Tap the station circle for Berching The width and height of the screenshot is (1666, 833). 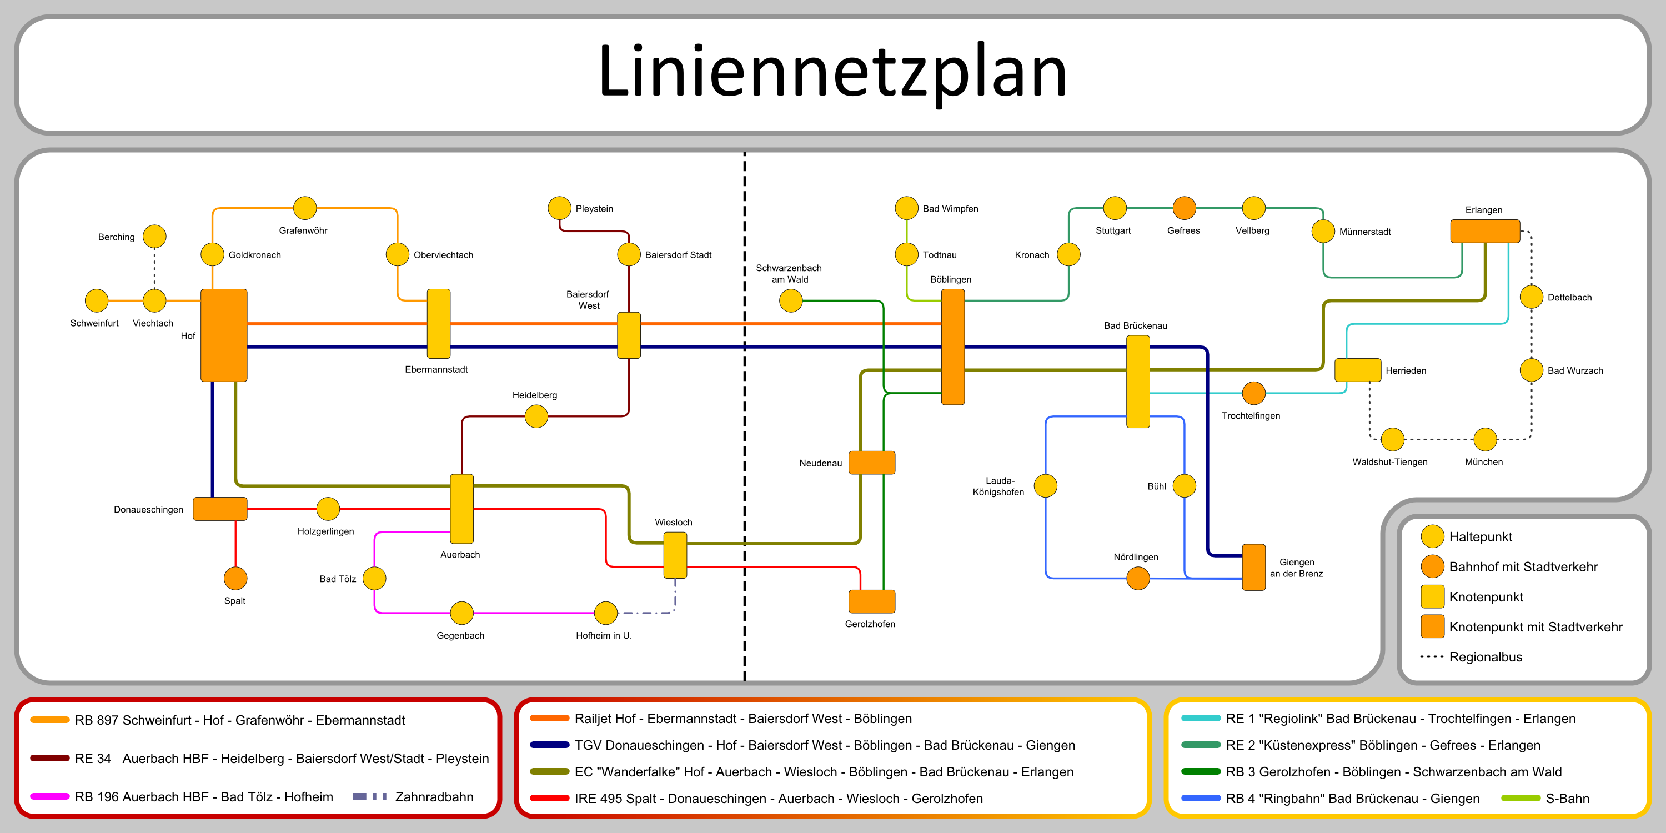154,237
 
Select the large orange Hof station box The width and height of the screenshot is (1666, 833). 224,335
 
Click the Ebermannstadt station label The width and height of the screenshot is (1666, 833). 436,369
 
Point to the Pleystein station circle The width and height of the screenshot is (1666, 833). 559,208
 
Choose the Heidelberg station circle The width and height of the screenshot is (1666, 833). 536,416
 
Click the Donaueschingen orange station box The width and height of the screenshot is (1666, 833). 220,509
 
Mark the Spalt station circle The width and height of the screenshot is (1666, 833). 235,578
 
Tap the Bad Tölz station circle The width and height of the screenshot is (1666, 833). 374,578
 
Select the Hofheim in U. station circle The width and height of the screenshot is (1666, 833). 605,613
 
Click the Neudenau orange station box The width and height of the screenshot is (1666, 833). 872,463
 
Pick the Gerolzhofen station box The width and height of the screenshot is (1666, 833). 872,601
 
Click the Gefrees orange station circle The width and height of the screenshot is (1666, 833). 1184,208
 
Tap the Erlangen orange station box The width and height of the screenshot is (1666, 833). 1485,231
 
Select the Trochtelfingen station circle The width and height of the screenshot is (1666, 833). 1254,393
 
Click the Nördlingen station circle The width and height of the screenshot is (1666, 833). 1138,578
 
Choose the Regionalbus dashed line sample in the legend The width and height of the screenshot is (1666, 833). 1431,656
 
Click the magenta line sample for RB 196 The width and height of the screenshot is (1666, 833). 50,796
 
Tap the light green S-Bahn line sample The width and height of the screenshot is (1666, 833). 1521,798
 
